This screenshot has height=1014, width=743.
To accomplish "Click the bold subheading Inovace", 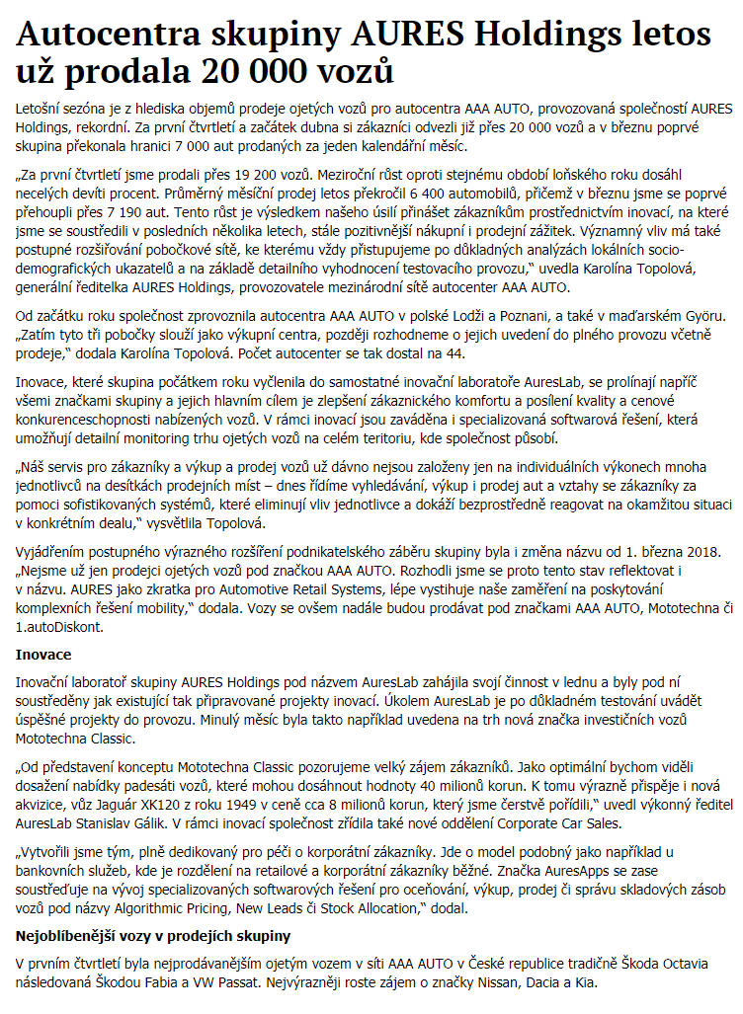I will coord(42,654).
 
